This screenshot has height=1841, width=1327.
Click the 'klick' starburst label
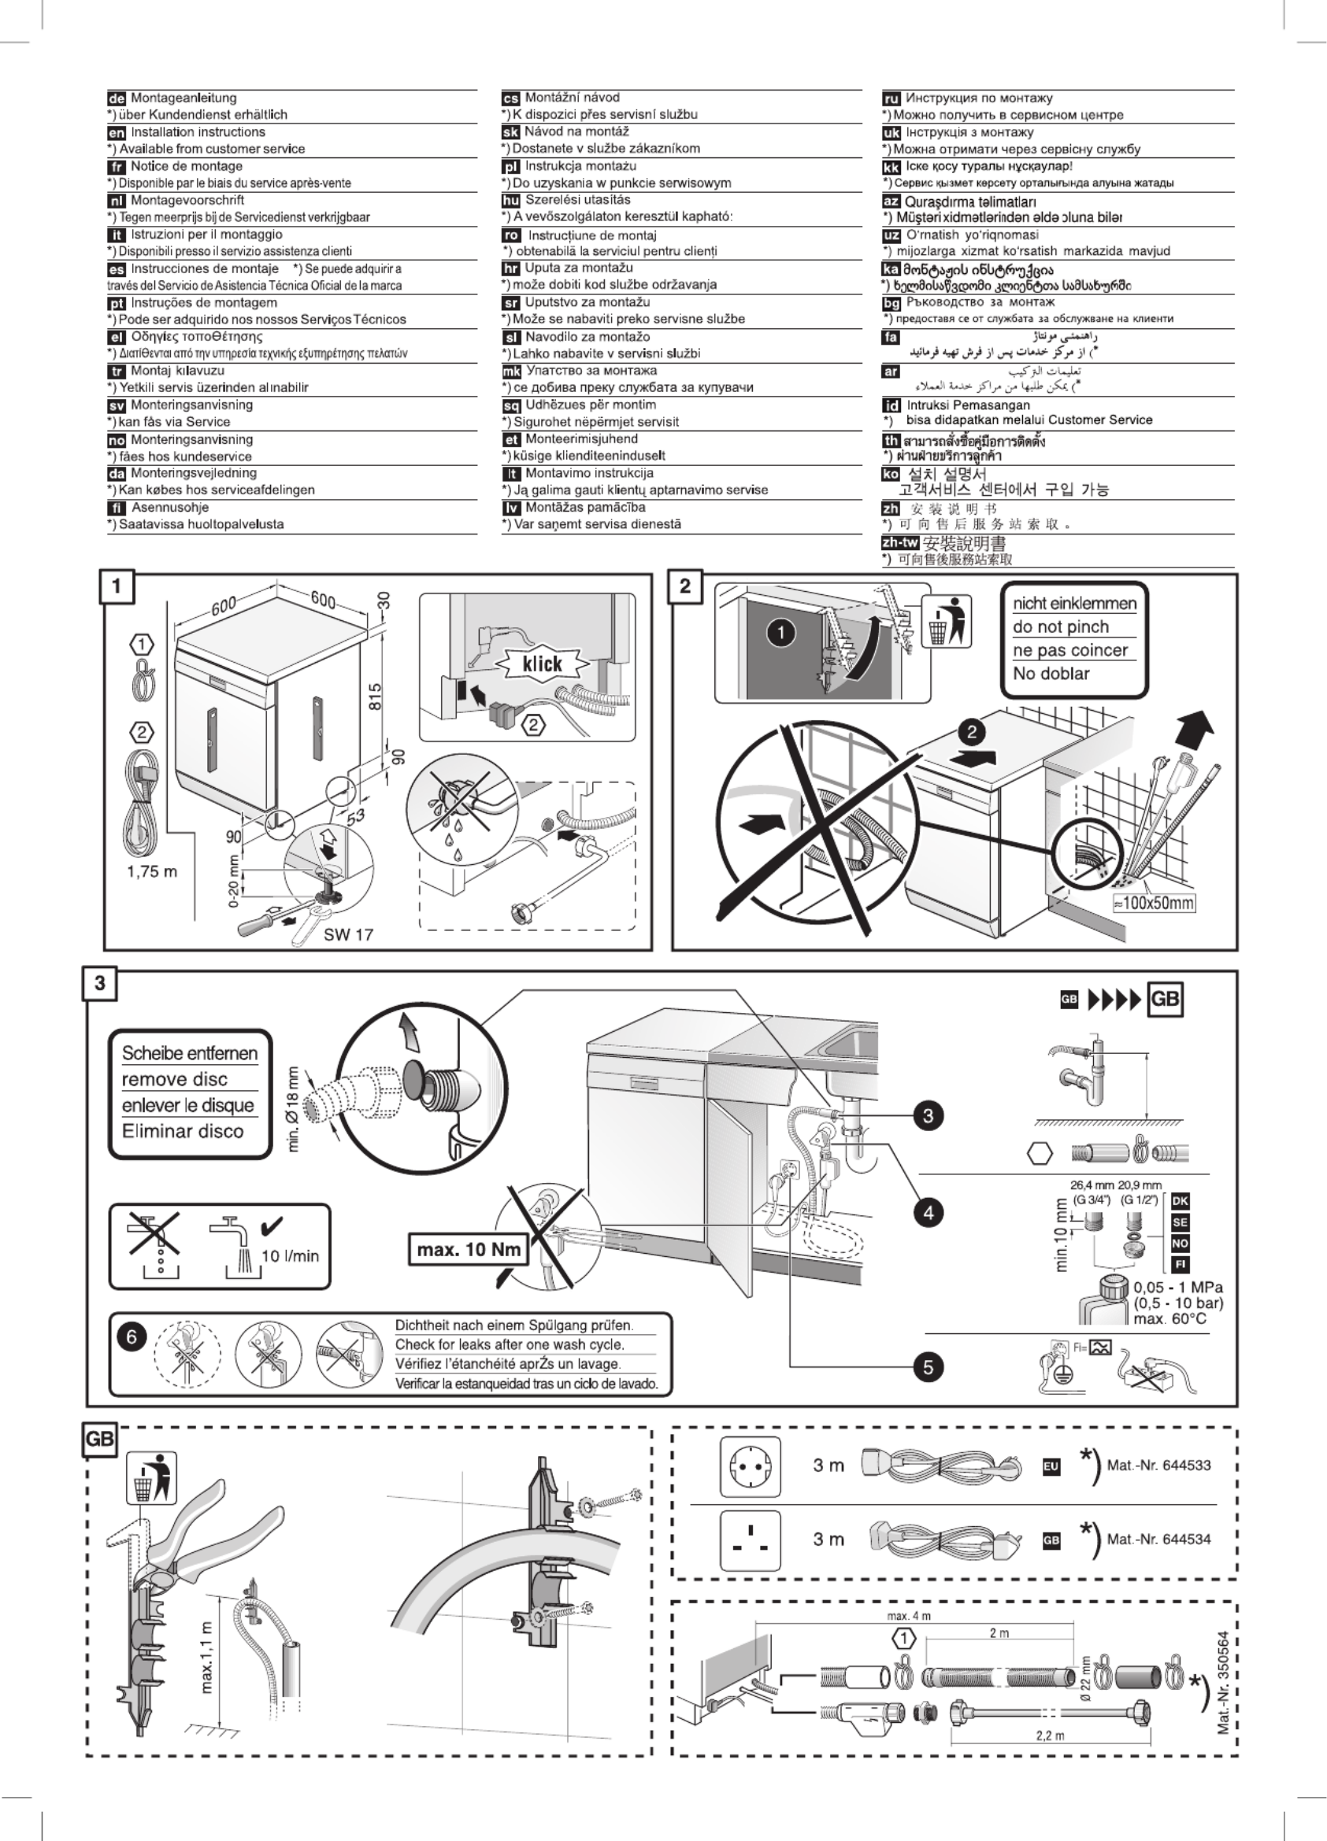click(542, 664)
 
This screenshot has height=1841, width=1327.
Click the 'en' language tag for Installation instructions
click(116, 132)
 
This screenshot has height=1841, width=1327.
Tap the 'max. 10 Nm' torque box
click(468, 1249)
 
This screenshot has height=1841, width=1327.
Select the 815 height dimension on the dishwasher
click(376, 697)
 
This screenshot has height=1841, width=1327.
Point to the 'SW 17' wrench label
click(348, 934)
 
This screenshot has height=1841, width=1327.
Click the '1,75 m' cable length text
click(152, 872)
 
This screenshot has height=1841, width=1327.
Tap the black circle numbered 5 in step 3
click(929, 1367)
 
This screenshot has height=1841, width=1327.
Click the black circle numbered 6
click(132, 1336)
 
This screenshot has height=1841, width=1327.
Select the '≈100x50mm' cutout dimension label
click(1153, 903)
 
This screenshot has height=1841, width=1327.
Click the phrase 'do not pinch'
click(1060, 627)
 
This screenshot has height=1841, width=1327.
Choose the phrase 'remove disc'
click(175, 1080)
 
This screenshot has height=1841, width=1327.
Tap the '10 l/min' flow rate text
click(290, 1255)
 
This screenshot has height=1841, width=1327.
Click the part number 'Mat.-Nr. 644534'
click(1158, 1539)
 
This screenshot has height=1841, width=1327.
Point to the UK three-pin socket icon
click(750, 1539)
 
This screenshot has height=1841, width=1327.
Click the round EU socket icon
click(750, 1466)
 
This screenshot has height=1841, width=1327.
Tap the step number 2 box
click(684, 586)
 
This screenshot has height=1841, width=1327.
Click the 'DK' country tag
click(1180, 1201)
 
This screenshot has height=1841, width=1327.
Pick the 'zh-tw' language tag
click(900, 542)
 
